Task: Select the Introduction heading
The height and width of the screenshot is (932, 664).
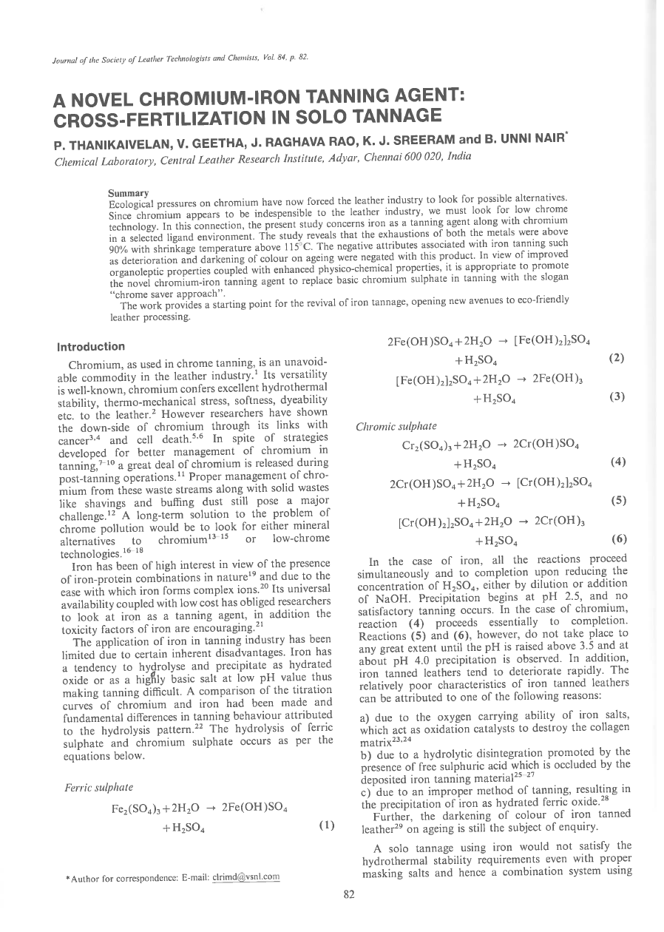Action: pyautogui.click(x=91, y=346)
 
